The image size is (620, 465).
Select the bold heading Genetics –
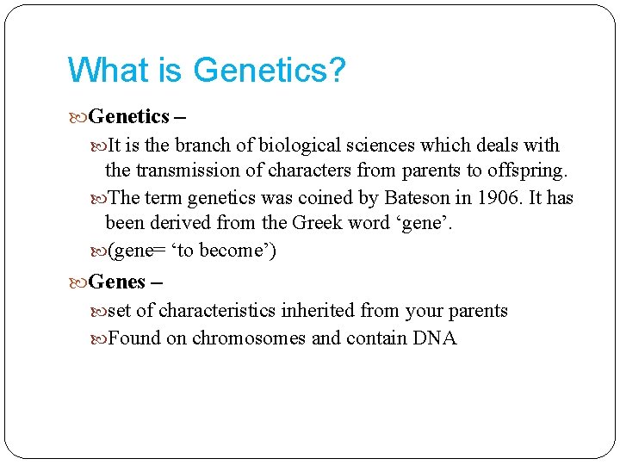point(129,116)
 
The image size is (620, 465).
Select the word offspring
point(529,171)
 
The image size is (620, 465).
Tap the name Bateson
point(417,198)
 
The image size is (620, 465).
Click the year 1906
point(499,198)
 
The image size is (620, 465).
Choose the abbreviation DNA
point(435,338)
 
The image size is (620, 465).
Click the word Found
point(134,338)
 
